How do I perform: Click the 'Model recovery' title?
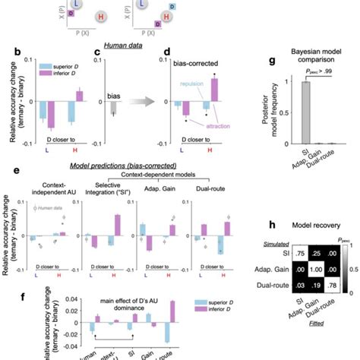point(304,226)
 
